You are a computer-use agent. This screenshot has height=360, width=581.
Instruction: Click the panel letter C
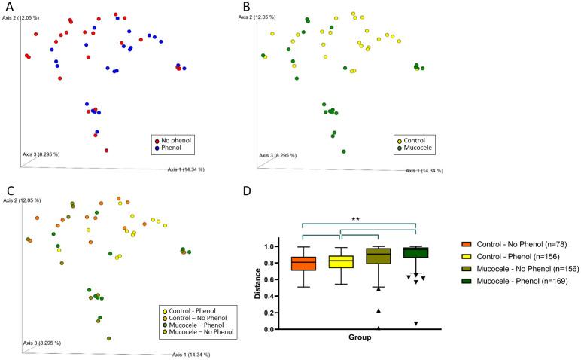7,190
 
